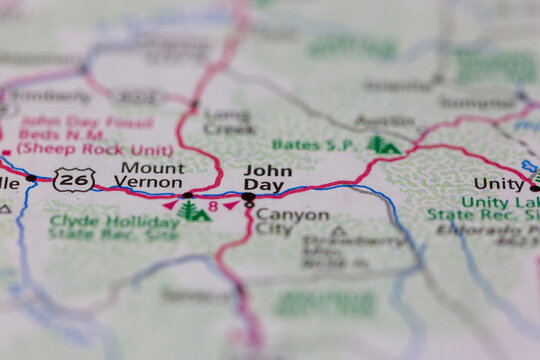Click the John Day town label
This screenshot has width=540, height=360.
tap(268, 178)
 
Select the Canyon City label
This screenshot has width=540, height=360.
tap(291, 221)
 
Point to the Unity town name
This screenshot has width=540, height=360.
tap(498, 184)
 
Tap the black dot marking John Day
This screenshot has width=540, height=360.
tap(248, 197)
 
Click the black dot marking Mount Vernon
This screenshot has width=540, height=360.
tap(187, 195)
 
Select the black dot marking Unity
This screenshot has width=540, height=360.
tap(534, 187)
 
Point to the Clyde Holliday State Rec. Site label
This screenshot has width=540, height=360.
tap(113, 228)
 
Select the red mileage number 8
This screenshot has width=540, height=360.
tap(213, 206)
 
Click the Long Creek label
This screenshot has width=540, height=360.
tap(227, 121)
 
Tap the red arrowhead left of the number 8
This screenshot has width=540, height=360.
tap(171, 205)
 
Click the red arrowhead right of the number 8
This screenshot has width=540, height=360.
tap(231, 205)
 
